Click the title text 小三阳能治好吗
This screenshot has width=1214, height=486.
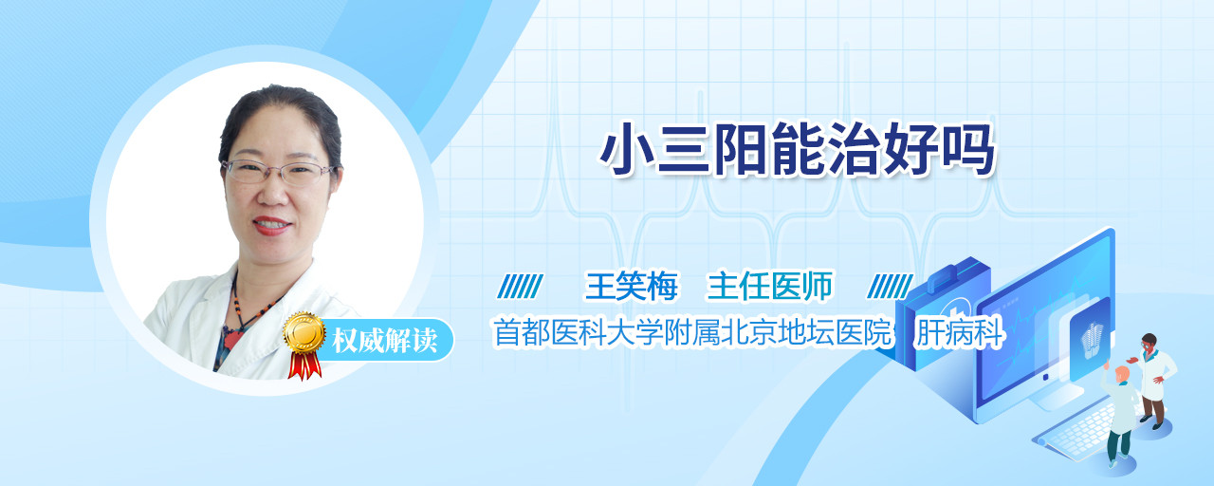coord(798,149)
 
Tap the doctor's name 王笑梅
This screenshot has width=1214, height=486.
coord(632,286)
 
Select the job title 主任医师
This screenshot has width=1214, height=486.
coord(769,286)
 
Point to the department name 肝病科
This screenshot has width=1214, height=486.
coord(958,332)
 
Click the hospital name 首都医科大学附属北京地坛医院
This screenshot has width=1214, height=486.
coord(692,332)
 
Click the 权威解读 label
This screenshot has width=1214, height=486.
coord(384,340)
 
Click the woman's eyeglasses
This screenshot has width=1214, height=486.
coord(279,172)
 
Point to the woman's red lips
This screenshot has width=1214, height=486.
coord(271,225)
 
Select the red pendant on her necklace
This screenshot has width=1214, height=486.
coord(232,340)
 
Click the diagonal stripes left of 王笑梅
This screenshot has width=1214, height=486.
coord(520,287)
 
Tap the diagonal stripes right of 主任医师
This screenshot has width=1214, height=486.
coord(890,287)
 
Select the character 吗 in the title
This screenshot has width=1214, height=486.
coord(968,149)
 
